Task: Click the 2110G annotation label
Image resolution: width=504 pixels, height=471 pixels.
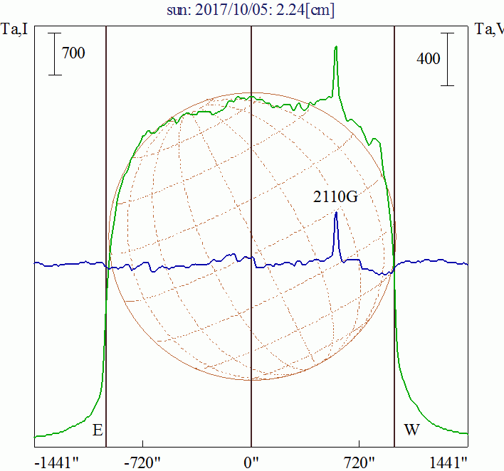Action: pyautogui.click(x=335, y=197)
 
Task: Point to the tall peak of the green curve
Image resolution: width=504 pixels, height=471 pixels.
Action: pyautogui.click(x=335, y=48)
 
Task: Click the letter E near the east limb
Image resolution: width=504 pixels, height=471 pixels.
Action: pyautogui.click(x=98, y=430)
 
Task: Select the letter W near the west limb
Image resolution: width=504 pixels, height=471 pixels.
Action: pyautogui.click(x=411, y=430)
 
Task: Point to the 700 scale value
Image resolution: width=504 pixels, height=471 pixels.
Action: pyautogui.click(x=73, y=53)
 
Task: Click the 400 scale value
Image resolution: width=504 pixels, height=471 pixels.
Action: pyautogui.click(x=429, y=59)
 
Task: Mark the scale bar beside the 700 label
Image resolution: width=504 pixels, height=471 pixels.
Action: pyautogui.click(x=56, y=53)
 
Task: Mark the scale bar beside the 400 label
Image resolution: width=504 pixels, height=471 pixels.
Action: pyautogui.click(x=447, y=59)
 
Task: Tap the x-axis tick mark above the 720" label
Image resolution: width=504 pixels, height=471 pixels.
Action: pyautogui.click(x=359, y=445)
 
